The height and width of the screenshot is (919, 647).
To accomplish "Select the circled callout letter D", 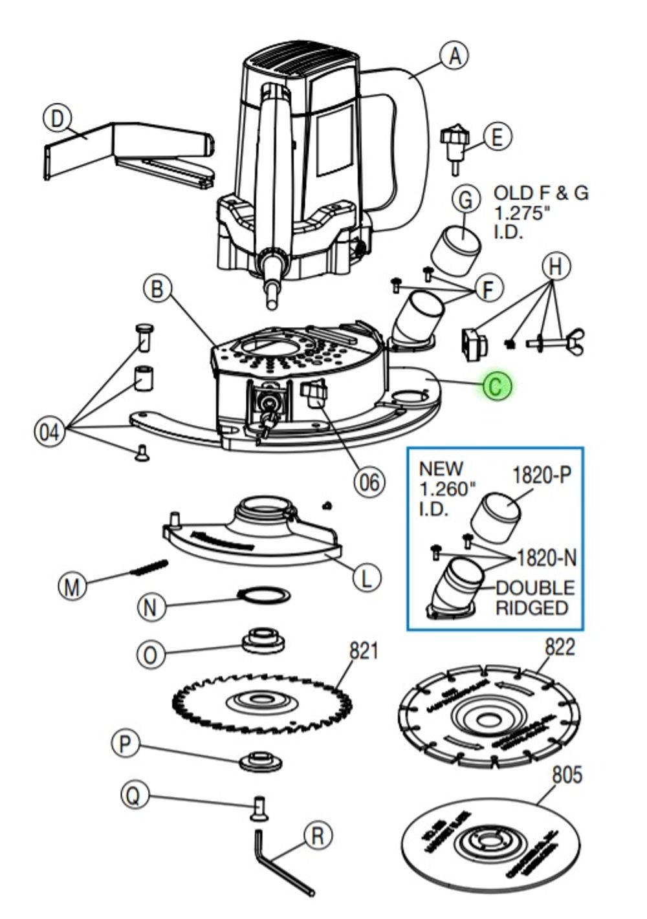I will pos(58,119).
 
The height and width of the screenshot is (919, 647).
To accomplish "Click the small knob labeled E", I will pos(452,146).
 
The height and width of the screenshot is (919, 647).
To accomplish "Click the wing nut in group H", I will pos(573,341).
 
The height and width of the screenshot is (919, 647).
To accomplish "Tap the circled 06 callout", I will pos(369,481).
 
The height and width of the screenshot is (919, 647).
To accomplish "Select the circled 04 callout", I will pos(50,431).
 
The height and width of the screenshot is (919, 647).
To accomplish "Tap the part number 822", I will pos(559,647).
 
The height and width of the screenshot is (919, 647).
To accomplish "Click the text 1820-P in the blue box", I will pos(542,475).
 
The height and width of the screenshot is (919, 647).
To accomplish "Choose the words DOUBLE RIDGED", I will pos(534,598).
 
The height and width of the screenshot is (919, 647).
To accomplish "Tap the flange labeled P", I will pos(261,761).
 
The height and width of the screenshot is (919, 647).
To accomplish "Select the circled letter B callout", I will pos(158,288).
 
